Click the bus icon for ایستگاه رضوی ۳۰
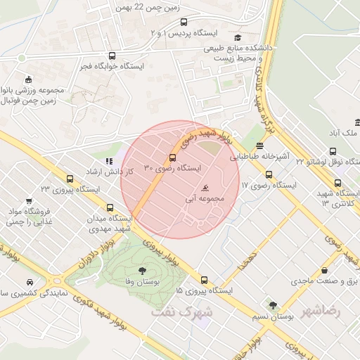coord(173,157)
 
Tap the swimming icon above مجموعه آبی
coord(205,188)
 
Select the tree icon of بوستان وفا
coord(143,270)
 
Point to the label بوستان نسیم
coord(272,317)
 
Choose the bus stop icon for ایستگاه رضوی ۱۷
coord(269,175)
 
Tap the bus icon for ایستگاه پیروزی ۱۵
coord(204,279)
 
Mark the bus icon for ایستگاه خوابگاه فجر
coord(112,56)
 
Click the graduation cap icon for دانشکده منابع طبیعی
coord(238,38)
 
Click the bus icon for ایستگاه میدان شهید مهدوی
coord(109,207)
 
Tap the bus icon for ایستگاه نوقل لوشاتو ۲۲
coord(333,150)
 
